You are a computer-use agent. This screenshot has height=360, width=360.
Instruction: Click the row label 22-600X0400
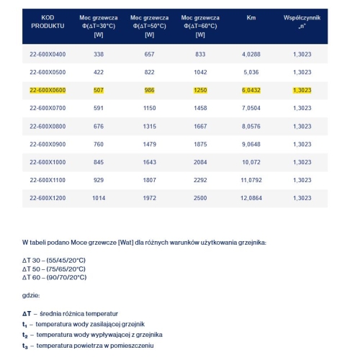pyautogui.click(x=48, y=53)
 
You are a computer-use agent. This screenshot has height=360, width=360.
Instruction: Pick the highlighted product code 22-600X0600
pyautogui.click(x=48, y=90)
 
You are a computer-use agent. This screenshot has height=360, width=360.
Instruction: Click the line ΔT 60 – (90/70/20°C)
pyautogui.click(x=56, y=276)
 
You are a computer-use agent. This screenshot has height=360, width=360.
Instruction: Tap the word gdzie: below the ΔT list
pyautogui.click(x=32, y=295)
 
